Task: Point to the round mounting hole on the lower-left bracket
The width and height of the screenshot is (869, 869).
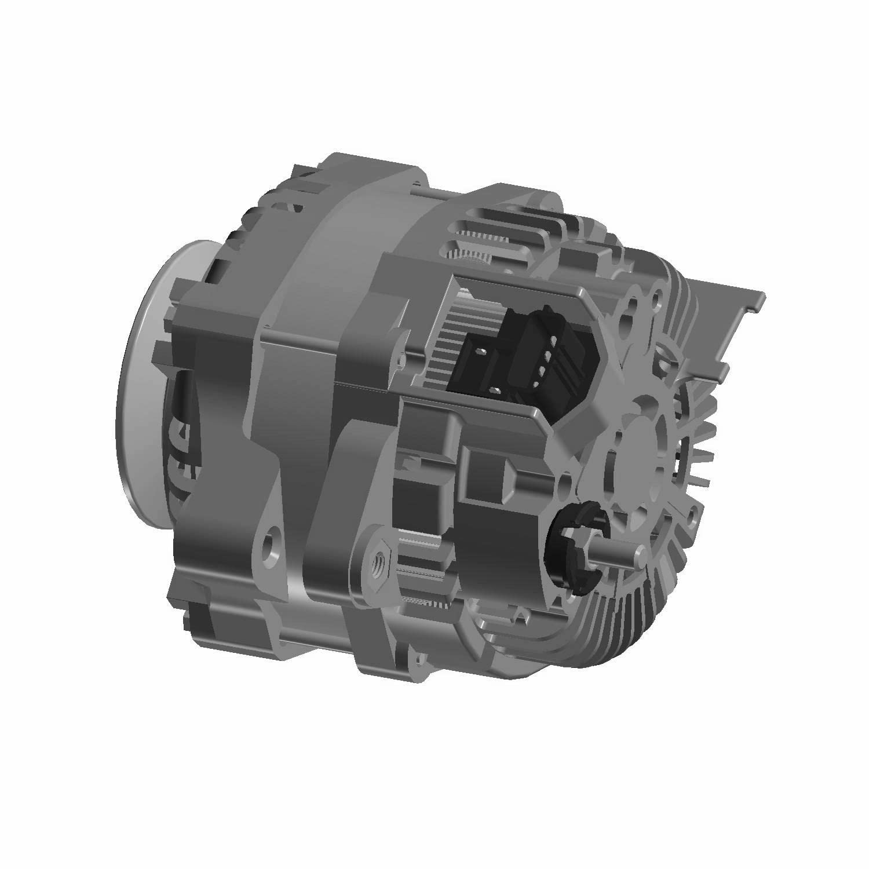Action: click(269, 545)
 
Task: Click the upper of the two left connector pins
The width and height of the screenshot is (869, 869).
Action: click(480, 350)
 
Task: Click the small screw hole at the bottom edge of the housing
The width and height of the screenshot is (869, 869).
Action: click(415, 659)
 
